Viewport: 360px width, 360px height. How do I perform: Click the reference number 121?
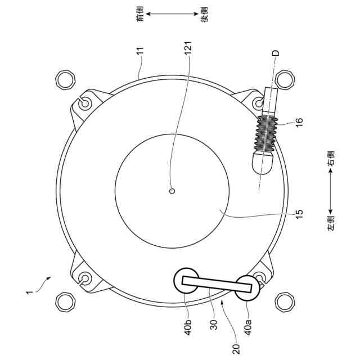pyautogui.click(x=188, y=48)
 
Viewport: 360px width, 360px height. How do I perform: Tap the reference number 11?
pyautogui.click(x=140, y=50)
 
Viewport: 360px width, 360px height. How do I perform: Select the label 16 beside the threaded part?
pyautogui.click(x=299, y=121)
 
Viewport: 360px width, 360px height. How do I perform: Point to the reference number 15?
pyautogui.click(x=299, y=214)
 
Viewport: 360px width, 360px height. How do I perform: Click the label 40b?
pyautogui.click(x=188, y=327)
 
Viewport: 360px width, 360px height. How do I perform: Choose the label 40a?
pyautogui.click(x=248, y=327)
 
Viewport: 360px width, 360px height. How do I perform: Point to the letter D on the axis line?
pyautogui.click(x=275, y=53)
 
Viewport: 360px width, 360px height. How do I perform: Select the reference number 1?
pyautogui.click(x=29, y=292)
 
